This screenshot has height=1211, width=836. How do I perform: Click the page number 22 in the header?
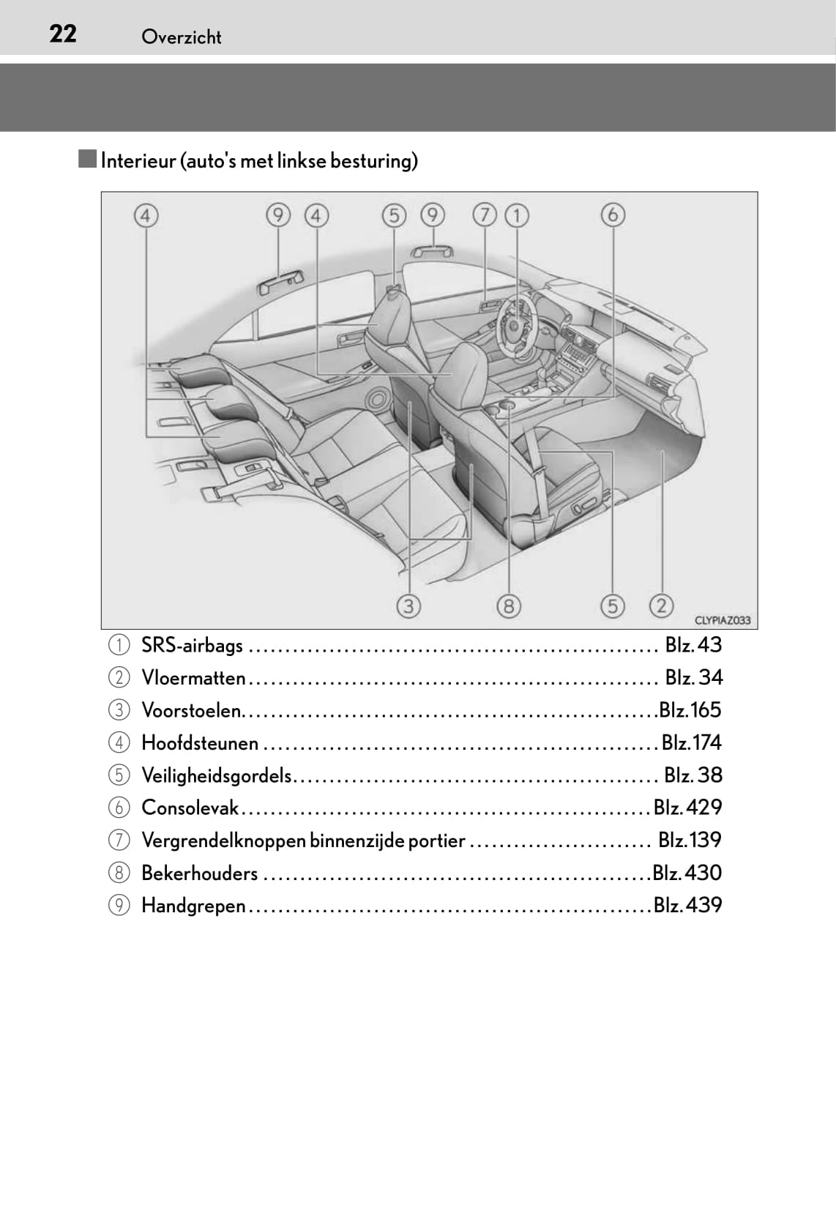pos(62,34)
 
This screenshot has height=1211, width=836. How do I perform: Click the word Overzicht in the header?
pos(181,37)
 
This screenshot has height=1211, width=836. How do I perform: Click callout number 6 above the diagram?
pos(613,215)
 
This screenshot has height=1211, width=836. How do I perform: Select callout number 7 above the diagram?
pos(484,215)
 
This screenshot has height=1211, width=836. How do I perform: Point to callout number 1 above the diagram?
pos(517,215)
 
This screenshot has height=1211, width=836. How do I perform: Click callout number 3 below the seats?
pos(408,606)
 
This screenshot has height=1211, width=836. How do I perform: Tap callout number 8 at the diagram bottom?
pos(508,606)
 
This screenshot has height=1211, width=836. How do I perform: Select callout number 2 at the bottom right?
pos(661,605)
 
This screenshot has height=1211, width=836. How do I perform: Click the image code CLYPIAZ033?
pos(722,620)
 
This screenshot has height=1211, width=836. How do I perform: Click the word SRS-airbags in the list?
pos(192,645)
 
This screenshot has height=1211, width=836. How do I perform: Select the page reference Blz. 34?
pos(693,677)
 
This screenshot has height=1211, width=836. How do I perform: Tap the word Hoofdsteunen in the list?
pos(199,743)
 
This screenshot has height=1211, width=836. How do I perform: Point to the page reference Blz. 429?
pos(687,808)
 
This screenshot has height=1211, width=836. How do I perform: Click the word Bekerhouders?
pos(199,873)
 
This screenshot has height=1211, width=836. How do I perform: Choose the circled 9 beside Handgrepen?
pos(119,906)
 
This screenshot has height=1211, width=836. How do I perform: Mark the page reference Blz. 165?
pos(690,710)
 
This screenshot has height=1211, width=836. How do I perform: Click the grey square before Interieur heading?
pos(88,159)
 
